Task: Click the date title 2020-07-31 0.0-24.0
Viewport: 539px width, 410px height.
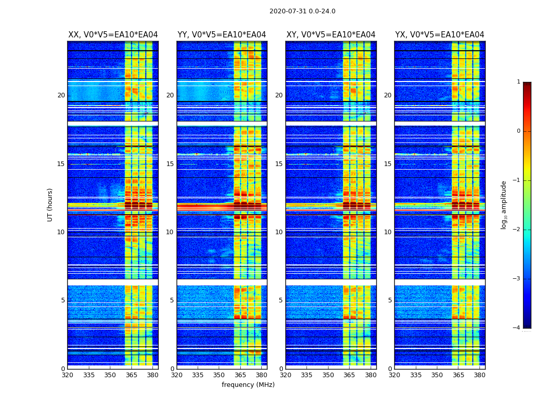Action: tap(302, 11)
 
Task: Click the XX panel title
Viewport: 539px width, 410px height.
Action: tap(113, 35)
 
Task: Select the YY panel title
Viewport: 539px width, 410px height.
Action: tap(222, 35)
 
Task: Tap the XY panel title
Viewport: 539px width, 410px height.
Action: tap(331, 35)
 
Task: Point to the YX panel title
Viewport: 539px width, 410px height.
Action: tap(439, 35)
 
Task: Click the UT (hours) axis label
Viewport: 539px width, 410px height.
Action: tap(50, 204)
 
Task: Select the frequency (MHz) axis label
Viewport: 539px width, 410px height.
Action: tap(248, 385)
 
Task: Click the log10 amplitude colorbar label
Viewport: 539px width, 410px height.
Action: tap(504, 204)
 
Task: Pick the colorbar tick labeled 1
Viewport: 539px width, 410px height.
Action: tap(518, 82)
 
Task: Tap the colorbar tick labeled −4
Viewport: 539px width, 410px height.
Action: tap(517, 328)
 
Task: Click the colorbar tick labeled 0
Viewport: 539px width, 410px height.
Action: tap(518, 131)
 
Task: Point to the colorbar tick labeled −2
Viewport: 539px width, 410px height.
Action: tap(517, 230)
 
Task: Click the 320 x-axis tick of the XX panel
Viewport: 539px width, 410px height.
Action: tap(67, 375)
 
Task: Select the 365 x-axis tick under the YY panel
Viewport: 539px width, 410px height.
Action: tap(240, 375)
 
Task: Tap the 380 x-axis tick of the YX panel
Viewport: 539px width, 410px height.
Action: tap(479, 375)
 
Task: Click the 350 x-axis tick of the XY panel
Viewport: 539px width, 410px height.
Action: tap(328, 375)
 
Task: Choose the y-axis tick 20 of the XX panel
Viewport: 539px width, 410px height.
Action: tap(61, 95)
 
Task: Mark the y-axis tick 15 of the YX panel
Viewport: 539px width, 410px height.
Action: tap(388, 164)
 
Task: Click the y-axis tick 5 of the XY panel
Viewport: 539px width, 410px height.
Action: tap(281, 300)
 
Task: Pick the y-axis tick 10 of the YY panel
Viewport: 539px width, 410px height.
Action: tap(170, 232)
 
